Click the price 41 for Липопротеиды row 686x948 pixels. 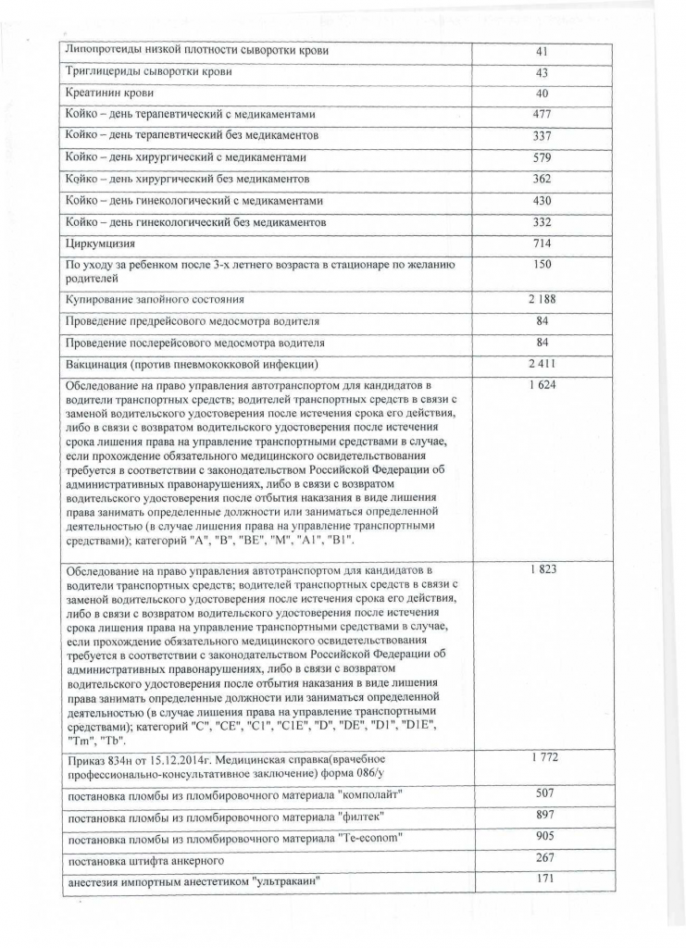tap(543, 52)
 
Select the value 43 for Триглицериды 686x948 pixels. tap(543, 72)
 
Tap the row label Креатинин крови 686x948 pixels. tap(109, 94)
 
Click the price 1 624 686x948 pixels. tap(543, 384)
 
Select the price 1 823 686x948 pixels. tap(543, 568)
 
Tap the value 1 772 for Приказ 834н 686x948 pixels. tap(543, 758)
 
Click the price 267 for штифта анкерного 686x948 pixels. tap(543, 858)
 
